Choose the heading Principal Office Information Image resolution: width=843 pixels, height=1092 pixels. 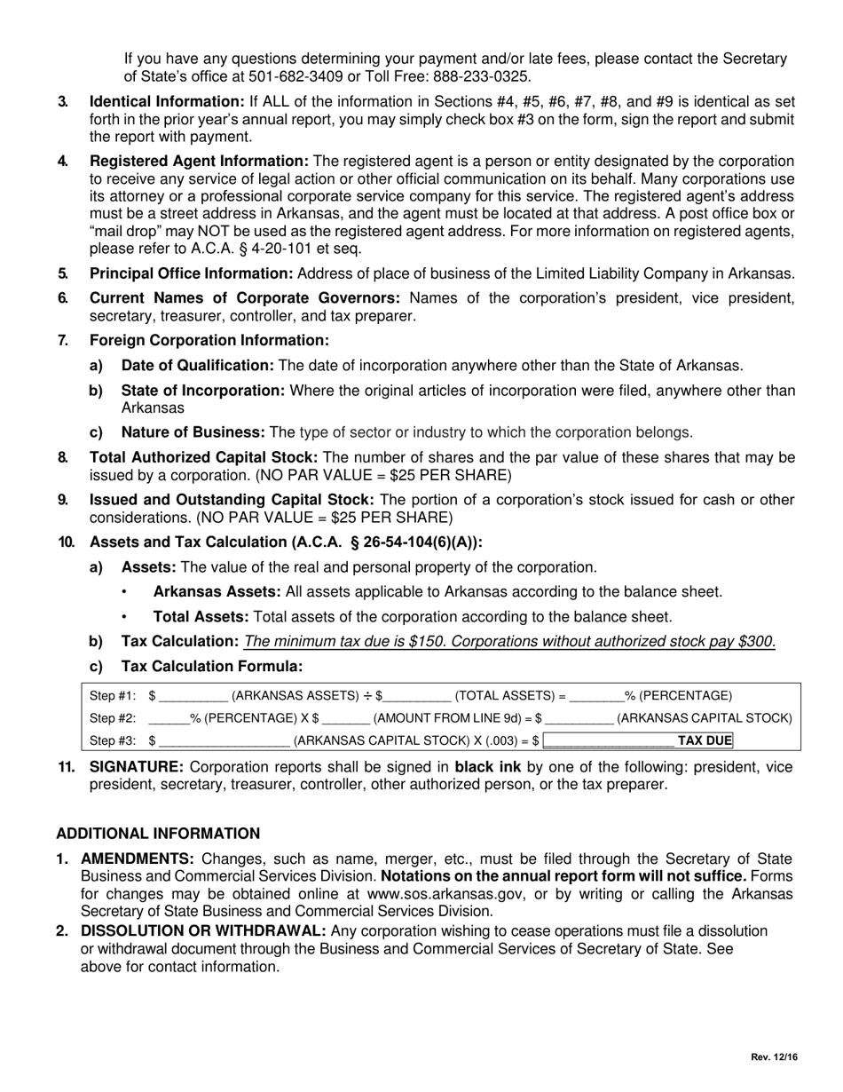tap(191, 273)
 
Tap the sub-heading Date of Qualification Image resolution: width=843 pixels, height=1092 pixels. tap(197, 366)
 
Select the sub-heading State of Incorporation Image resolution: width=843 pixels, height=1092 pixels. tap(202, 391)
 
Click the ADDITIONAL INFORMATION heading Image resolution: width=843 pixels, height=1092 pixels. tap(158, 834)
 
